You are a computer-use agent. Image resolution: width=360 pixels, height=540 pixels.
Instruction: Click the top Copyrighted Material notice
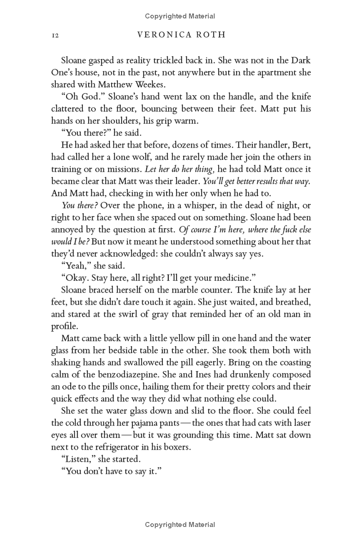click(x=180, y=16)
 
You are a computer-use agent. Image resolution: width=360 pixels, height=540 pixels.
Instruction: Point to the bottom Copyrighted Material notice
click(x=180, y=524)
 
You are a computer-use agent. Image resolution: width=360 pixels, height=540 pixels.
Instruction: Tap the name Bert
click(x=300, y=146)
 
